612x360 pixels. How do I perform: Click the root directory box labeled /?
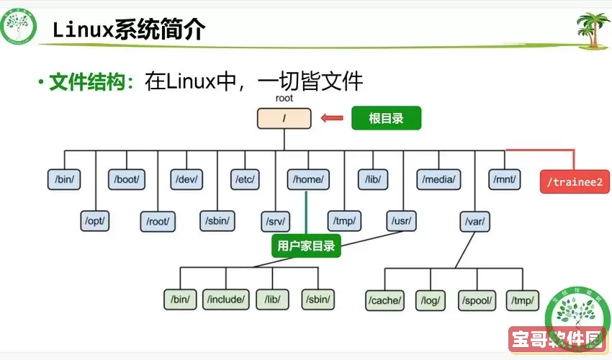(284, 118)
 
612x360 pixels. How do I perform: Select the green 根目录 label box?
(385, 118)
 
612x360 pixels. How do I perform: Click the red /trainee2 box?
(574, 181)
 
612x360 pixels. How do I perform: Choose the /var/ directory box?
(474, 220)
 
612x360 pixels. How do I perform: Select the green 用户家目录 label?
(306, 246)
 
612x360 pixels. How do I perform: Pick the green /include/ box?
(226, 299)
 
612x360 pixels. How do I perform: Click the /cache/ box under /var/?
(385, 299)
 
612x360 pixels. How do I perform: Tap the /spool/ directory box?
(476, 299)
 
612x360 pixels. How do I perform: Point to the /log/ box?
(431, 299)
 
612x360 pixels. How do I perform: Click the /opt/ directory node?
(95, 220)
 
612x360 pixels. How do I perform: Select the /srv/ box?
(276, 220)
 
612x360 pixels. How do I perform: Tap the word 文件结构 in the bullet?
(87, 82)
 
